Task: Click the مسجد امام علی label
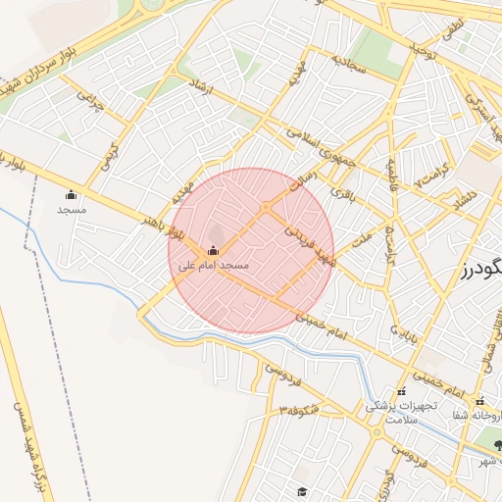pyautogui.click(x=214, y=266)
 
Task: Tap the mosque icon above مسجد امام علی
pyautogui.click(x=214, y=250)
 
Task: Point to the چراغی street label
pyautogui.click(x=90, y=104)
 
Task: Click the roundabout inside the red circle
pyautogui.click(x=266, y=207)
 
